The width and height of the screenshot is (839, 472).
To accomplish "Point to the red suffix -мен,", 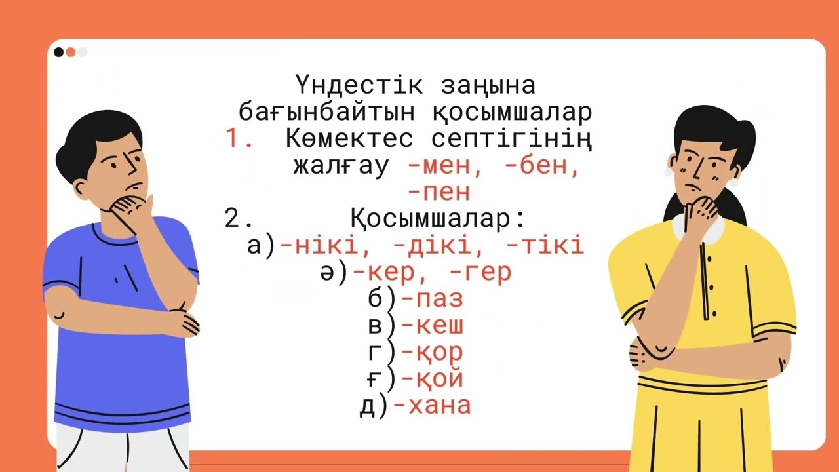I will click(445, 166).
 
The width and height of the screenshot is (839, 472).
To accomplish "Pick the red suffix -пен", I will click(439, 193).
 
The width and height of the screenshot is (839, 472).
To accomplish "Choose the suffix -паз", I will click(432, 300).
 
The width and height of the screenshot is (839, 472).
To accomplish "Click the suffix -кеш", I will click(432, 326).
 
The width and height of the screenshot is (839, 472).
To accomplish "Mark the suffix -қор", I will click(432, 353).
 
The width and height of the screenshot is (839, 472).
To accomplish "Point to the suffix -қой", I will click(432, 380).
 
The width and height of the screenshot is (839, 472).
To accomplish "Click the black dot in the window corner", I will click(59, 52).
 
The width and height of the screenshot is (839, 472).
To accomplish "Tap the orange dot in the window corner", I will click(71, 52).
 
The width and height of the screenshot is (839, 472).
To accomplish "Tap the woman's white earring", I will click(669, 172).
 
